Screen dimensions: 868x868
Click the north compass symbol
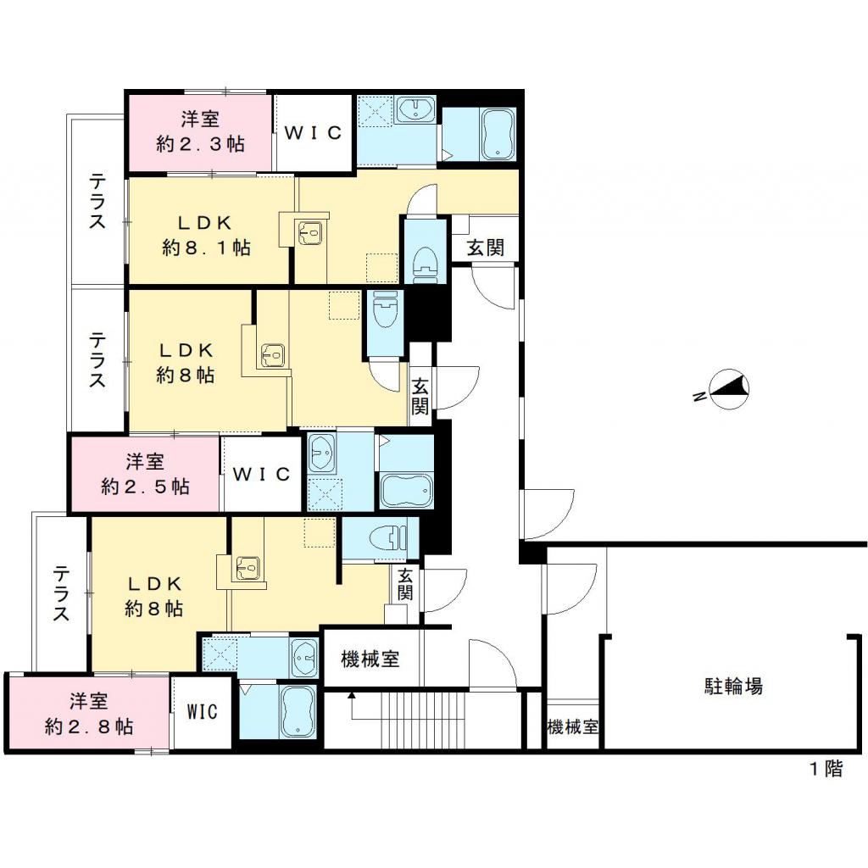pos(727,389)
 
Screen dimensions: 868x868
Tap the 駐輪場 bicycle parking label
pos(733,685)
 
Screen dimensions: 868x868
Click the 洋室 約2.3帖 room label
pos(200,132)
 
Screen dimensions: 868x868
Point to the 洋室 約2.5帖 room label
pos(145,474)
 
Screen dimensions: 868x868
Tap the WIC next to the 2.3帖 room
pos(312,133)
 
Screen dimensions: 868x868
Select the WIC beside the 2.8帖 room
pos(203,712)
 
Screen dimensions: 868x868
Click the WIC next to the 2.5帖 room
pos(262,474)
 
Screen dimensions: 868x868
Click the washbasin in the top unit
pos(415,111)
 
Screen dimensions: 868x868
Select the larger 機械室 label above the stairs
pos(370,659)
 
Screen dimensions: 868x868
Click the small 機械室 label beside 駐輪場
pos(572,727)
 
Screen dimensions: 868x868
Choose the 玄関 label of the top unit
pos(486,248)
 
